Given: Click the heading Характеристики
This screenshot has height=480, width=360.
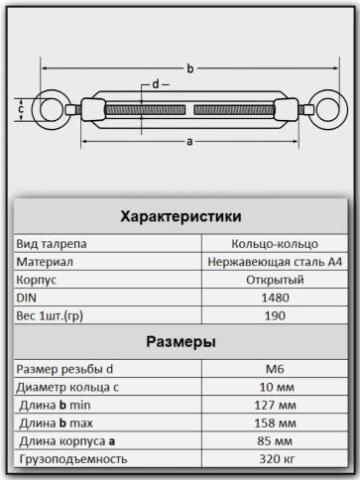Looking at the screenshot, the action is [181, 216].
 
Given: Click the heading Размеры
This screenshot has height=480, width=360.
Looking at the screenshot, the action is [181, 342].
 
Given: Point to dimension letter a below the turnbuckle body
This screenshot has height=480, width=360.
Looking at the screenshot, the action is [187, 141].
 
